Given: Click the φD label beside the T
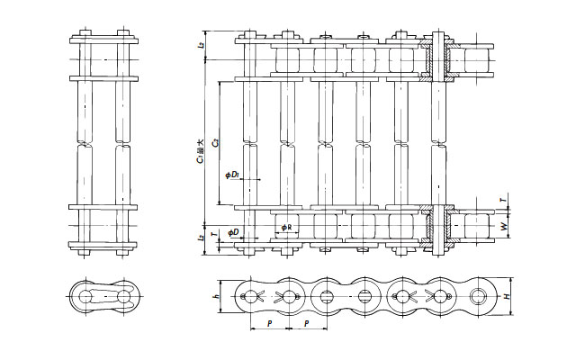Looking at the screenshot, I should [232, 233].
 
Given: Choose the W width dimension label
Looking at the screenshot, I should [503, 225].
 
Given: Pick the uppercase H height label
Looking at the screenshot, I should [508, 296].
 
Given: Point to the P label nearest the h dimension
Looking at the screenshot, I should [268, 322].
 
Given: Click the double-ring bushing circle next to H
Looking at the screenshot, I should [480, 296].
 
